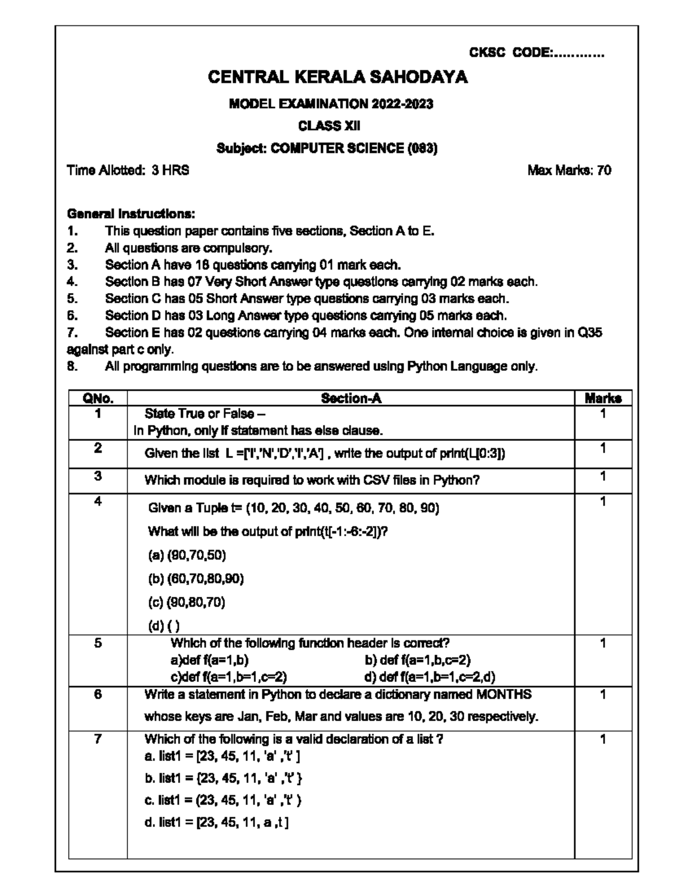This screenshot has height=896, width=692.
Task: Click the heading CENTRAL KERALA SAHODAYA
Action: [x=337, y=77]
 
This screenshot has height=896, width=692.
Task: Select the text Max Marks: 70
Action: [x=569, y=170]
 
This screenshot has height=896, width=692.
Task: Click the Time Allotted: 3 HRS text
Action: [x=128, y=170]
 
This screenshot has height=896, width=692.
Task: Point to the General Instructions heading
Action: [x=131, y=213]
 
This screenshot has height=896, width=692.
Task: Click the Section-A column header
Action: [x=351, y=398]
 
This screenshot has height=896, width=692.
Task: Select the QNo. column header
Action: [x=98, y=398]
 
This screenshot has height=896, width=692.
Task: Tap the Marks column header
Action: [x=603, y=398]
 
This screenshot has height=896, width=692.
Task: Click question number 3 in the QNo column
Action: [x=98, y=476]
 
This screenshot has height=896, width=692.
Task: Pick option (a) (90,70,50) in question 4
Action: [x=187, y=555]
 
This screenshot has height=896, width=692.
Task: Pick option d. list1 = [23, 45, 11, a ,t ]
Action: [x=217, y=822]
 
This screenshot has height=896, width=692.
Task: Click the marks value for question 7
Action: [x=603, y=739]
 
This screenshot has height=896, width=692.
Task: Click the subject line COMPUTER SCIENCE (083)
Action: [x=327, y=148]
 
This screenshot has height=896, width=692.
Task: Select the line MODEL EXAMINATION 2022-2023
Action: [x=331, y=104]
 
